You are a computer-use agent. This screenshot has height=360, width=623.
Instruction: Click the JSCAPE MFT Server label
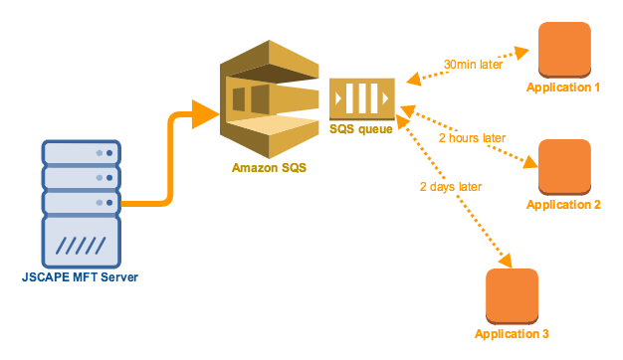pyautogui.click(x=81, y=275)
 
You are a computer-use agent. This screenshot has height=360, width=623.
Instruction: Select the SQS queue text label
pyautogui.click(x=362, y=128)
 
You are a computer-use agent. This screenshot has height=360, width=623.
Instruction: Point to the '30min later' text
pyautogui.click(x=473, y=65)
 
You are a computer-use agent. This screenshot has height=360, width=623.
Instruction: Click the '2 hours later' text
pyautogui.click(x=472, y=137)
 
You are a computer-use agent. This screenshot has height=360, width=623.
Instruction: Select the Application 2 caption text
pyautogui.click(x=563, y=205)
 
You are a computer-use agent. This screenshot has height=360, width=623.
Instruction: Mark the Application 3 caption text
pyautogui.click(x=512, y=333)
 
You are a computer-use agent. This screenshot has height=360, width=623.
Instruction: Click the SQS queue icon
pyautogui.click(x=362, y=99)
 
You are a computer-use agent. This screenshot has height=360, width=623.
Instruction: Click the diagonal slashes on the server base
pyautogui.click(x=80, y=243)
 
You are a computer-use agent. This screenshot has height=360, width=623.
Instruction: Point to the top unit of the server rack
pyautogui.click(x=80, y=153)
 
